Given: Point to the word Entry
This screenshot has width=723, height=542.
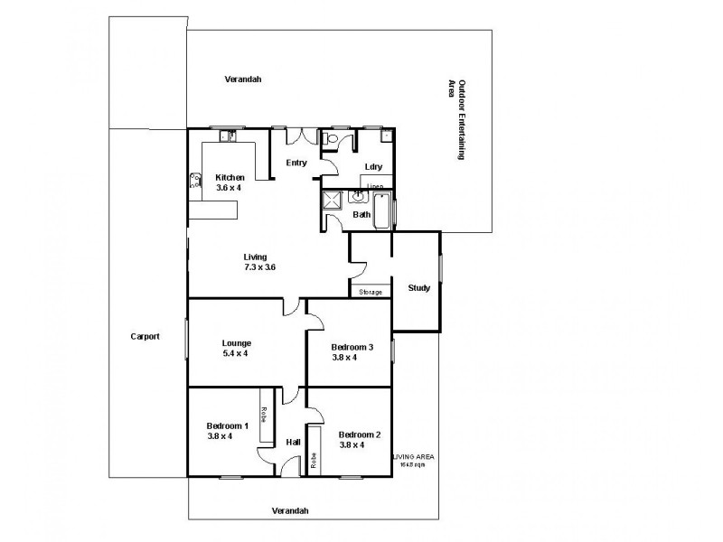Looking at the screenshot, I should pos(296,164).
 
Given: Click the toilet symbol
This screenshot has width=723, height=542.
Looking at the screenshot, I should pos(331,139).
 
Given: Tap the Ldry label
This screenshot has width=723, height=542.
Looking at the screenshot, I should pos(373,167).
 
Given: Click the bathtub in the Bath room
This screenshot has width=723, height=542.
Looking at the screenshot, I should pos(382,210).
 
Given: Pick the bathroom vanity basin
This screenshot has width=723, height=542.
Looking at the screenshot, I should pos(359,196).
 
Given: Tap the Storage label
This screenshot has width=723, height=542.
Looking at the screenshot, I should pos(371,292).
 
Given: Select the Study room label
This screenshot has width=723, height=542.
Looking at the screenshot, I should pos(418,289).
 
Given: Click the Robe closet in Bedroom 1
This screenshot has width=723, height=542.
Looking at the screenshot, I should pos(266,416).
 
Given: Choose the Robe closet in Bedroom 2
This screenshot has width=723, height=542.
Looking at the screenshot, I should pos(314,455).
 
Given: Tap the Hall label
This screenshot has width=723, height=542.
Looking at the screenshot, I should pos(293,443).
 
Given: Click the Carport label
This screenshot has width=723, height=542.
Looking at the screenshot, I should pos(145,336).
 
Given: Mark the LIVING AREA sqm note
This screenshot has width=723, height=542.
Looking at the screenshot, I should pos(413,461).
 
